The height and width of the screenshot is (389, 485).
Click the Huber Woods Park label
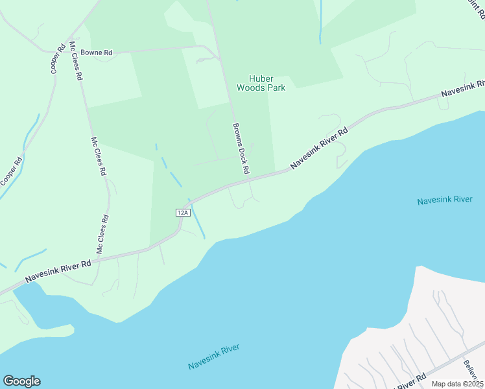coord(261,82)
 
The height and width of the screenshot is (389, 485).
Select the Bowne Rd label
coord(101,51)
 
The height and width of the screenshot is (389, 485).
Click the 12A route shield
coord(182,212)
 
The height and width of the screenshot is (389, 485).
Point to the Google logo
coord(21,381)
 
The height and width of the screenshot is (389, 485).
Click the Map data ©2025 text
coord(456,384)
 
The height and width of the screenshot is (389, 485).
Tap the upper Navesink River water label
coord(445,200)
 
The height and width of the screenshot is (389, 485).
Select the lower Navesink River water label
coord(214,357)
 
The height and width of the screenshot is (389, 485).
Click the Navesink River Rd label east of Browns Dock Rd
coord(319,148)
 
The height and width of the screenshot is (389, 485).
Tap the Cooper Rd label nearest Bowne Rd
coord(58,58)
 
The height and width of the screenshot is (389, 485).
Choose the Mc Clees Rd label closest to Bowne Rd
coord(75,61)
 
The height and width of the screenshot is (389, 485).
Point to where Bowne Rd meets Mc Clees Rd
coord(70,51)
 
